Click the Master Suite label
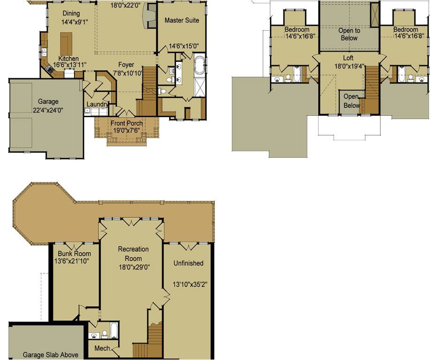coord(182,20)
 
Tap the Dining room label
coord(70,14)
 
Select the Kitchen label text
coord(68,59)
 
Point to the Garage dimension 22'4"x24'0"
coord(48,110)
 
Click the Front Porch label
coord(126,123)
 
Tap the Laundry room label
coord(97,105)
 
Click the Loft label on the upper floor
coord(348,58)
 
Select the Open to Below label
coord(349,34)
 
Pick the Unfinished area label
coord(188,263)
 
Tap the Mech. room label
coord(103,348)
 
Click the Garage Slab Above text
coord(50,355)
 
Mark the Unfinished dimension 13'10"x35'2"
coord(190,284)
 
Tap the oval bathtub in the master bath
coord(200,65)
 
